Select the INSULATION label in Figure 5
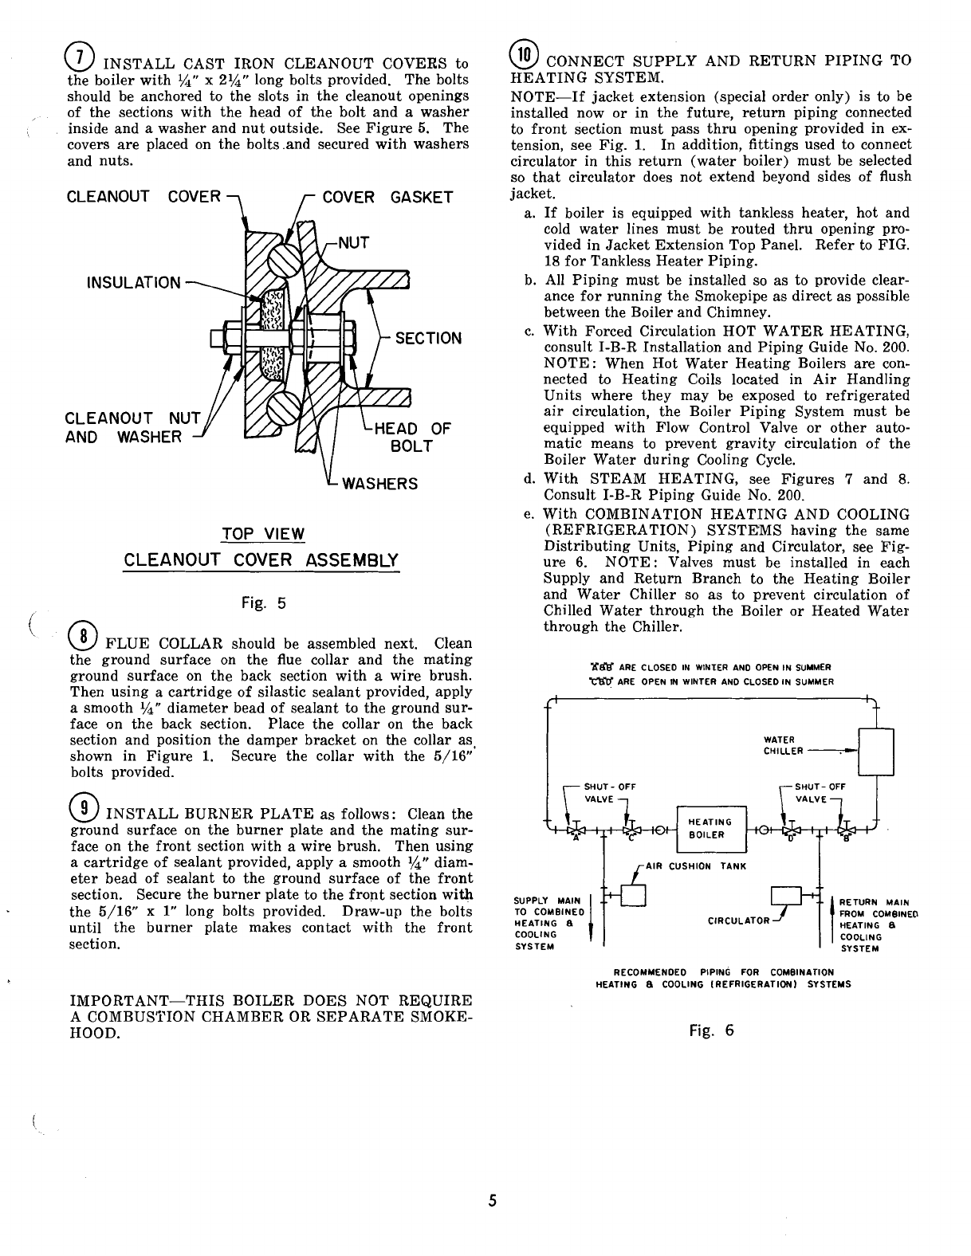tap(135, 283)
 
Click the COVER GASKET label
tap(387, 197)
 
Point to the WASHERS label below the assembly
tap(379, 484)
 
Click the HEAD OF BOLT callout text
tap(412, 437)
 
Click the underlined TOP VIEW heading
tap(261, 533)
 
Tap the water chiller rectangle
tap(875, 752)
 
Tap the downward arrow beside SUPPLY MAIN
tap(590, 933)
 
